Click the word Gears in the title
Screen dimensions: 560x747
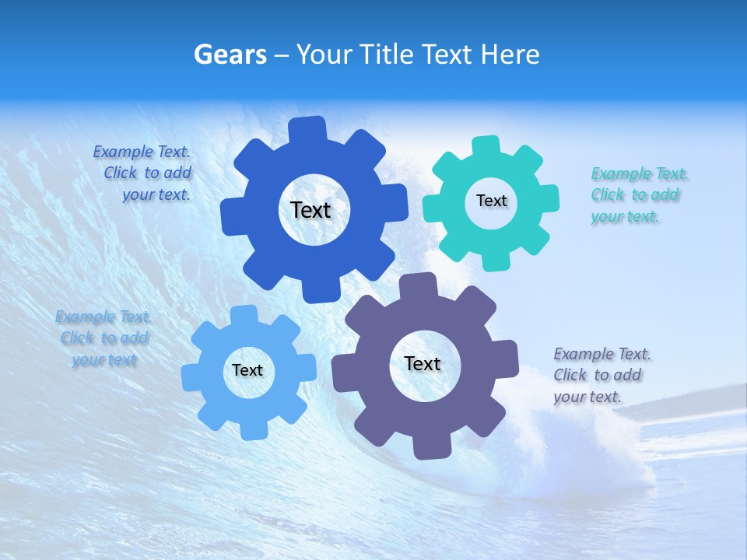point(230,54)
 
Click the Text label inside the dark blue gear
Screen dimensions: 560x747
point(310,210)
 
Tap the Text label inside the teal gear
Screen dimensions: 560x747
point(491,201)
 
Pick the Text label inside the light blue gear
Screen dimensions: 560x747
point(247,370)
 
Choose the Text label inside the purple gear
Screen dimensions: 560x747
point(423,363)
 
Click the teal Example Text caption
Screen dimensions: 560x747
point(640,194)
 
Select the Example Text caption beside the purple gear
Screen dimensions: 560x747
point(602,375)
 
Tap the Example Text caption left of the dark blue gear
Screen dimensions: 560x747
point(142,173)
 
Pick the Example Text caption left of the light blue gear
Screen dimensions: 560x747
point(103,338)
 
